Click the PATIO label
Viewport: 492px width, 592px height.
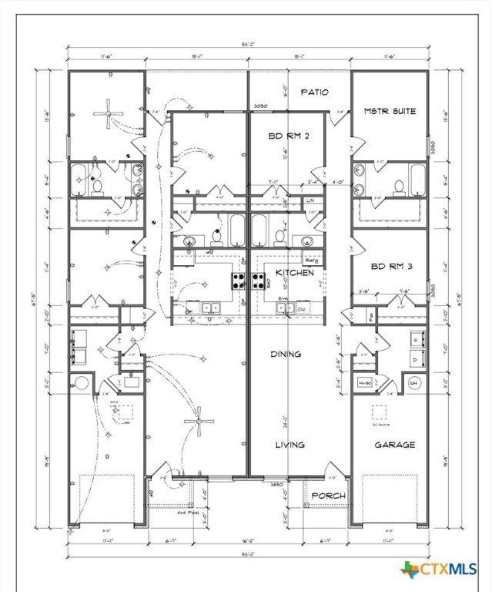(x=314, y=92)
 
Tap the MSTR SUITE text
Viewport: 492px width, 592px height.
(x=390, y=111)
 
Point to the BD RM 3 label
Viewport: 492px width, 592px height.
(x=390, y=267)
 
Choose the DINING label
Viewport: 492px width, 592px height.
(x=286, y=355)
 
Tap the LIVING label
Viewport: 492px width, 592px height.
(x=290, y=445)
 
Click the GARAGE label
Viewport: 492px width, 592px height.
(x=395, y=445)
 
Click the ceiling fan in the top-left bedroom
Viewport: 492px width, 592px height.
(x=107, y=114)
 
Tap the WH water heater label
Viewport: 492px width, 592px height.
(x=413, y=382)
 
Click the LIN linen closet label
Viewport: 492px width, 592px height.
(x=311, y=200)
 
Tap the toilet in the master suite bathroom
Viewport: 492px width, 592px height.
(x=399, y=186)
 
